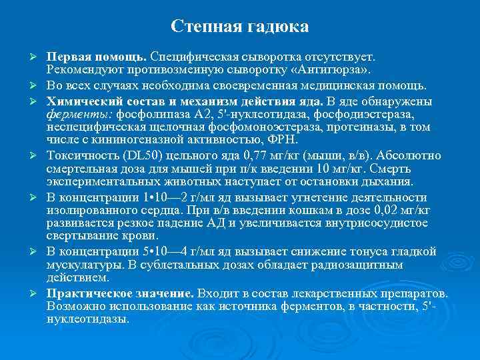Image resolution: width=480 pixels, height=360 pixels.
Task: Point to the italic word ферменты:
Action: pos(73,113)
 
